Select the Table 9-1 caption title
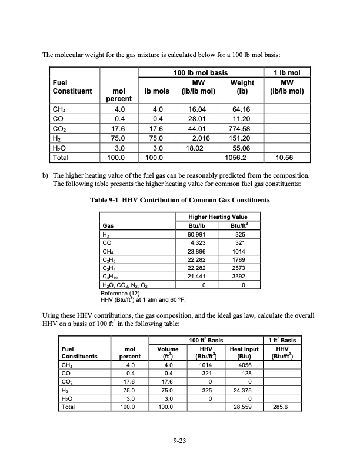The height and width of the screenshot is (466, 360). click(179, 201)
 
